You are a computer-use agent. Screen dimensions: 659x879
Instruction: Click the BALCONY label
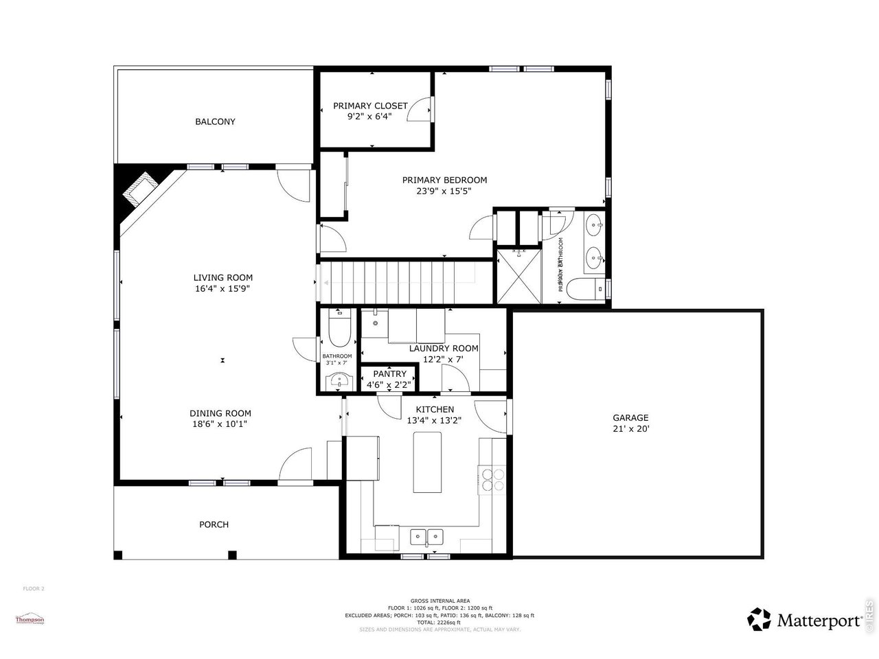215,122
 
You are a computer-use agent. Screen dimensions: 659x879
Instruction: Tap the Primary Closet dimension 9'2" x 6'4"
369,117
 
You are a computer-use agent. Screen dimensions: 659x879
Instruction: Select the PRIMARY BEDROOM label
444,180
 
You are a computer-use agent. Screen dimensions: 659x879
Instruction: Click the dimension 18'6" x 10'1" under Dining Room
220,424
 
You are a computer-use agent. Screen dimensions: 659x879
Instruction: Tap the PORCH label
214,524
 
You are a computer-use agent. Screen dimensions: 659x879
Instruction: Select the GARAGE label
630,417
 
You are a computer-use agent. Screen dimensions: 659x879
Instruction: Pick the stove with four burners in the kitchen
492,478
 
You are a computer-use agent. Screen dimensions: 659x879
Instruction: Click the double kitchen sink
427,536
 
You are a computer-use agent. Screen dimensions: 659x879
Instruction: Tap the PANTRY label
389,374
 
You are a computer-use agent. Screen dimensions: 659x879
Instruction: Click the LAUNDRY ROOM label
444,348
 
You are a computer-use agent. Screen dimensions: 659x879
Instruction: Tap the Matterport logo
804,620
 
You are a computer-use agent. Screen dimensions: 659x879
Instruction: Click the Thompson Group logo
30,620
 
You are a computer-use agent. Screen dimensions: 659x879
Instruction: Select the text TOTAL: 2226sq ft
439,622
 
